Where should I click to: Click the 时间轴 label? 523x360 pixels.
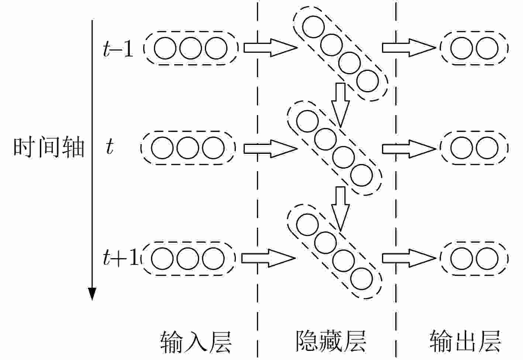49,148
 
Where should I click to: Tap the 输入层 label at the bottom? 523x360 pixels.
196,342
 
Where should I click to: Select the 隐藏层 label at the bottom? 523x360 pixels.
331,342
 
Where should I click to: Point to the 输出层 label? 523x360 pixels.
465,342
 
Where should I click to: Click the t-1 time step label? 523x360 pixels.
118,49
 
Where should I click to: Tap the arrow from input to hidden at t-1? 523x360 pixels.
270,48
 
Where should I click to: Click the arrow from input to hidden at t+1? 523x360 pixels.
268,258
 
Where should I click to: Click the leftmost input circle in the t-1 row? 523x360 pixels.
165,48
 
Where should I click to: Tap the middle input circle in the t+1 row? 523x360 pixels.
188,258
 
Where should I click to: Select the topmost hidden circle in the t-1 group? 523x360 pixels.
313,27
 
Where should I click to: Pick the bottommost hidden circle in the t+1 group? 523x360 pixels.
362,279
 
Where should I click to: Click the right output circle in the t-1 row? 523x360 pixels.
487,48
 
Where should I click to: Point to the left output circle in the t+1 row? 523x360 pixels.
462,258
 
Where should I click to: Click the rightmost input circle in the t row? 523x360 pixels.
213,148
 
